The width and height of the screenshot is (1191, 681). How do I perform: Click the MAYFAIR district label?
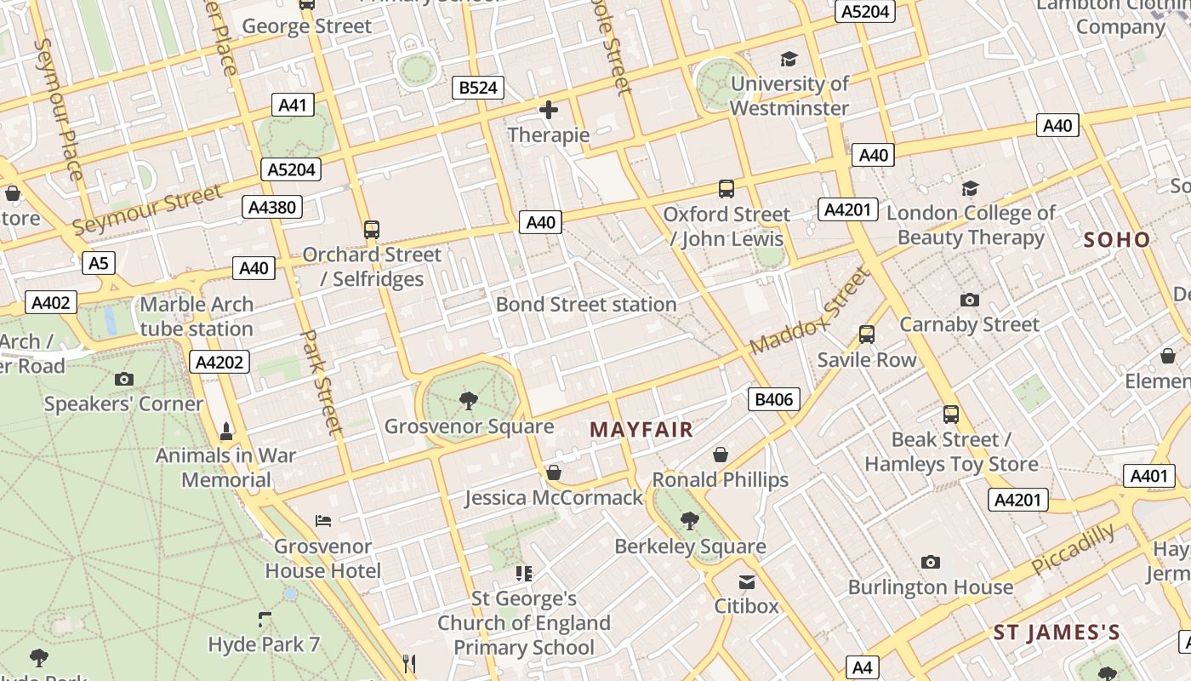(641, 430)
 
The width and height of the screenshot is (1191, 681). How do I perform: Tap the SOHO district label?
(1117, 240)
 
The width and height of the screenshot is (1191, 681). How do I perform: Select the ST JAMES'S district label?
(1057, 632)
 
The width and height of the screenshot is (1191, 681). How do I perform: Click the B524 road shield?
(477, 87)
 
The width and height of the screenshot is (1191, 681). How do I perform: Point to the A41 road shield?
(292, 106)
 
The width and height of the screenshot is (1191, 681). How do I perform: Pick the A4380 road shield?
(272, 207)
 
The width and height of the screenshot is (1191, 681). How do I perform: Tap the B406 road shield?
(774, 399)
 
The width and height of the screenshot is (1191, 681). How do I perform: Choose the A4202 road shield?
(219, 362)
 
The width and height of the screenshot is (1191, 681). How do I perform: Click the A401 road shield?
(1149, 476)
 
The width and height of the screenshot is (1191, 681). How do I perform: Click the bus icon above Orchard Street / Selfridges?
(372, 229)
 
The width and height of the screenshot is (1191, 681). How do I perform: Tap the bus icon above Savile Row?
(867, 335)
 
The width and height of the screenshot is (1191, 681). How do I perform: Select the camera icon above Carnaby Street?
(969, 300)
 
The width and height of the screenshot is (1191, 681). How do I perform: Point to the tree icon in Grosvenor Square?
(468, 400)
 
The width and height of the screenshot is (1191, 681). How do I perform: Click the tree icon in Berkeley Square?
(690, 520)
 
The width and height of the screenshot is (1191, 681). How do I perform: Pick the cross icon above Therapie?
(549, 110)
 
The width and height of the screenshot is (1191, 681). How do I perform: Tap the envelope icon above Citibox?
(747, 581)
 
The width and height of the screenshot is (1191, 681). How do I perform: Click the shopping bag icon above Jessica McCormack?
(554, 472)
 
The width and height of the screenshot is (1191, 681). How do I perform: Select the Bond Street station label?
(586, 304)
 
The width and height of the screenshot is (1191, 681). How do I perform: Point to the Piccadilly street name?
(1073, 550)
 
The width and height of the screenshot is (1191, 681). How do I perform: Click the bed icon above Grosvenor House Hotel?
(323, 520)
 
